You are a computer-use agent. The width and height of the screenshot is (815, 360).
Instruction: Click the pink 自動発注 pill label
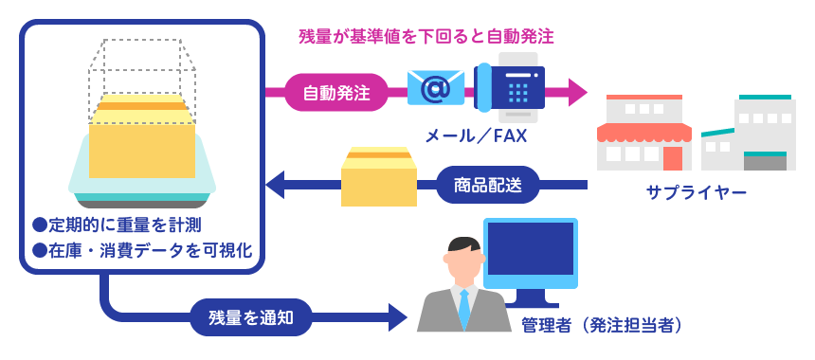coord(336,93)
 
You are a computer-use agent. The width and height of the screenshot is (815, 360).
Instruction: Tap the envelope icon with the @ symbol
coord(436,88)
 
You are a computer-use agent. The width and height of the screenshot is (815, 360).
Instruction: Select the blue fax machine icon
coord(510,87)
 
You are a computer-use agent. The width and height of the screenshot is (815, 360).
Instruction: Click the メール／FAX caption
coord(476,136)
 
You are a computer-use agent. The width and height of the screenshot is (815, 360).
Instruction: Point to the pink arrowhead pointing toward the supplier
coord(577,93)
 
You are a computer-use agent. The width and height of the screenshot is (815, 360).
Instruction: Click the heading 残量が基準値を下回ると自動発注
coord(426,37)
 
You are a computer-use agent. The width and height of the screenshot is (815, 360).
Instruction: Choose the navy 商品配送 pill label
coord(487,185)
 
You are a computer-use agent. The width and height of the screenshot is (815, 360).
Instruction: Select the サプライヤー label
coord(696,192)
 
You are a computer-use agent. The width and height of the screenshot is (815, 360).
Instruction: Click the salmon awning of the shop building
coord(644,133)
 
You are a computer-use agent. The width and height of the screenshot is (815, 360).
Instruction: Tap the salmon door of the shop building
coord(673,158)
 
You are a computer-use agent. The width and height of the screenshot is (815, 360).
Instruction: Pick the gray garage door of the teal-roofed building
coord(765,163)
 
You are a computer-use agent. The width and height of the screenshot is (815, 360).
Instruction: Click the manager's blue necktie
coord(464,307)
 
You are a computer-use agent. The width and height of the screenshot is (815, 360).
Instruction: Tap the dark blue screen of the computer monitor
coord(530,248)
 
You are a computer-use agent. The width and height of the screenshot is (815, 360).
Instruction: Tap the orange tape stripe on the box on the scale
coord(141,106)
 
